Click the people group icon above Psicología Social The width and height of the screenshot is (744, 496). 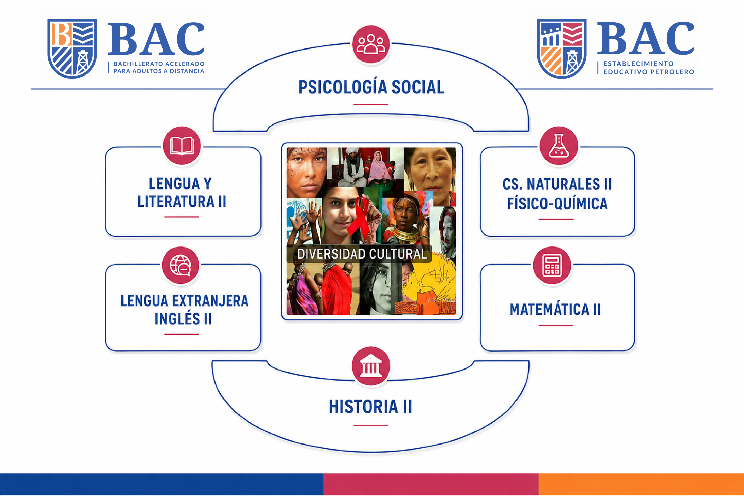pyautogui.click(x=370, y=44)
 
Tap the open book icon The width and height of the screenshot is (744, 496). pyautogui.click(x=182, y=146)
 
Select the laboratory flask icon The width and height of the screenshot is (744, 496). pyautogui.click(x=559, y=146)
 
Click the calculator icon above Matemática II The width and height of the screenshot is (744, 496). pyautogui.click(x=552, y=265)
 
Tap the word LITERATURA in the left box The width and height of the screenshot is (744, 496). pyautogui.click(x=176, y=202)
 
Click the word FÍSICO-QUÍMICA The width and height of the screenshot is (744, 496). pyautogui.click(x=557, y=203)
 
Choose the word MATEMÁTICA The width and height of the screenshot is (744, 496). pyautogui.click(x=549, y=309)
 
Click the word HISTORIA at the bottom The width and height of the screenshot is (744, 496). pyautogui.click(x=363, y=407)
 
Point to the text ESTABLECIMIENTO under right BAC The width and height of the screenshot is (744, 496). pyautogui.click(x=638, y=64)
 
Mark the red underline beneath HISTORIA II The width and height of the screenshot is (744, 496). pyautogui.click(x=370, y=425)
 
